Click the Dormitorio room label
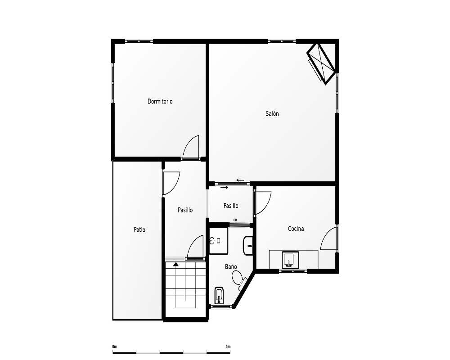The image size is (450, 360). tap(160, 101)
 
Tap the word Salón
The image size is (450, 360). tap(272, 114)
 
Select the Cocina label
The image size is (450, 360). tap(296, 229)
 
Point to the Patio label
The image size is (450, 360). tap(139, 229)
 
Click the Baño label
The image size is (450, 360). tap(231, 267)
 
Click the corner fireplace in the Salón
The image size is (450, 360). tap(321, 64)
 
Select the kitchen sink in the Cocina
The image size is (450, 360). tap(290, 260)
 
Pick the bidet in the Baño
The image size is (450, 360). tap(219, 295)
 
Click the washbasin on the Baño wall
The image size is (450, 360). tap(248, 246)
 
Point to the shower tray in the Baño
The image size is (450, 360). tap(218, 241)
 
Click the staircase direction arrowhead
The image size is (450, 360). tap(175, 264)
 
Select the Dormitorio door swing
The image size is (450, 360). tap(190, 148)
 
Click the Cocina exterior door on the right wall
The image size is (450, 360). tap(328, 238)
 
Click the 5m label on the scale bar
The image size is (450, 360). tap(228, 346)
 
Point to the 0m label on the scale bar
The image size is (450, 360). tap(114, 346)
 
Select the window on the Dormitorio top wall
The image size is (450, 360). tap(139, 41)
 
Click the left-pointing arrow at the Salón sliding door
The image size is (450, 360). tap(240, 180)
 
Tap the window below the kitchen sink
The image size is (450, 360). tap(293, 271)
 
